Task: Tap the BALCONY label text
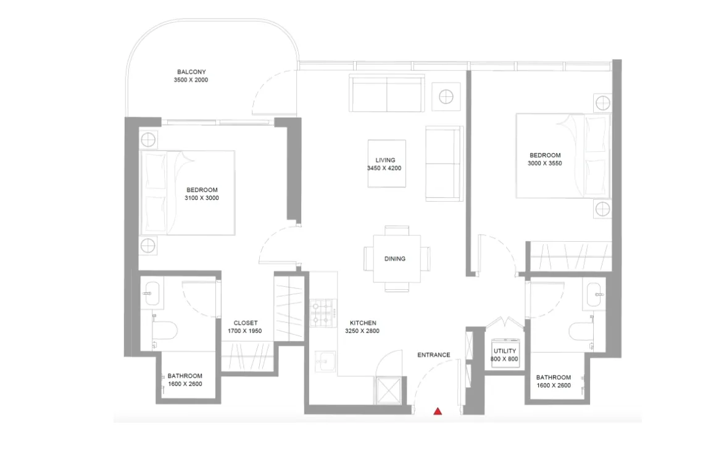(x=191, y=72)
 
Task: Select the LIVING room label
(x=385, y=160)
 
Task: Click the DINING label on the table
(x=395, y=259)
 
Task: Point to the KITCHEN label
(x=362, y=323)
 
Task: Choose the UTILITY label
(x=505, y=351)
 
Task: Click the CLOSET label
(x=245, y=323)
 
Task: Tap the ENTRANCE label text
(x=434, y=355)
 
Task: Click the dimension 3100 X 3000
(x=202, y=199)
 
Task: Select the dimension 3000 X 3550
(x=545, y=163)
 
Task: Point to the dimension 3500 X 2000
(x=191, y=80)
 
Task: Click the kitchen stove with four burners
(x=322, y=313)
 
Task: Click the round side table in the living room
(x=446, y=96)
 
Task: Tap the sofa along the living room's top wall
(x=386, y=93)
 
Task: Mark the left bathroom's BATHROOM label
(x=185, y=376)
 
